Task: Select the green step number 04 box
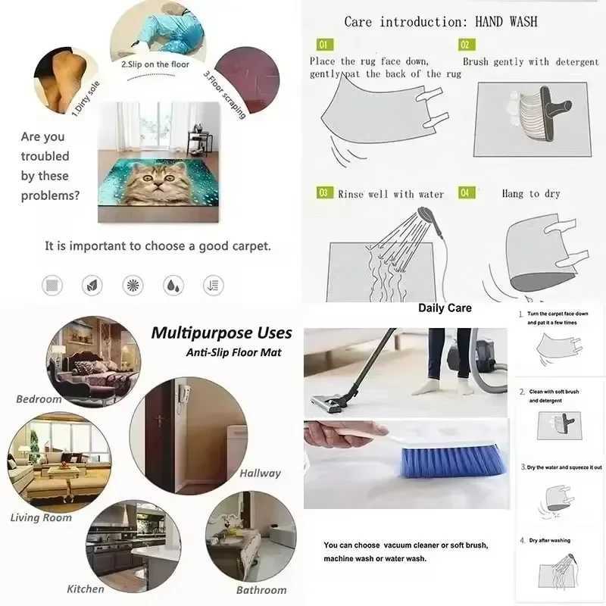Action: point(466,193)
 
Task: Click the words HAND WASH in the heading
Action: point(506,21)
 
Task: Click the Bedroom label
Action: point(39,398)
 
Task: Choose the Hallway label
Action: point(260,473)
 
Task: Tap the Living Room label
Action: point(41,517)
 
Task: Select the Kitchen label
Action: point(86,589)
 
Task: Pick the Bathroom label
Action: point(261,589)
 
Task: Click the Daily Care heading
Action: point(445,308)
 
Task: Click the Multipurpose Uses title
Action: point(221,333)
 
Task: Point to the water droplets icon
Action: point(173,285)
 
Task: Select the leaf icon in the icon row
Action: point(92,285)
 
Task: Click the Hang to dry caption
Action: point(530,194)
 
